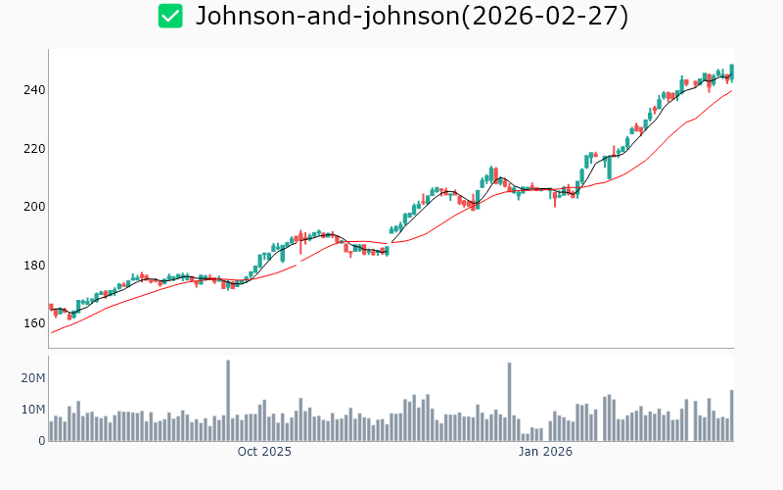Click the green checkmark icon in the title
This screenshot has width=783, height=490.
pyautogui.click(x=170, y=16)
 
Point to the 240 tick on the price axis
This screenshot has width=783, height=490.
pyautogui.click(x=34, y=90)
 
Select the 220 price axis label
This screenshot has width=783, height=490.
pyautogui.click(x=34, y=149)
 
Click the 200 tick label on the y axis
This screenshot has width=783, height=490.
pyautogui.click(x=34, y=207)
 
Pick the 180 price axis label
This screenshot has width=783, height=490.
pyautogui.click(x=34, y=266)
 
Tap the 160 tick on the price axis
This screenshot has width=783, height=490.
pyautogui.click(x=34, y=323)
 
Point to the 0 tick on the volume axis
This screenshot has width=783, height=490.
pyautogui.click(x=41, y=441)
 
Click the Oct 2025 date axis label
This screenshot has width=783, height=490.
pyautogui.click(x=264, y=452)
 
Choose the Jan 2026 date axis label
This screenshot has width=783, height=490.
pyautogui.click(x=545, y=452)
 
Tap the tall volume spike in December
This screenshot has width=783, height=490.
pyautogui.click(x=509, y=402)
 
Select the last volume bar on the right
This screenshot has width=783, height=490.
pyautogui.click(x=731, y=416)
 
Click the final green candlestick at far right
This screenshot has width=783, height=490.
pyautogui.click(x=731, y=72)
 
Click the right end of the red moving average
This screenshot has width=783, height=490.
pyautogui.click(x=731, y=91)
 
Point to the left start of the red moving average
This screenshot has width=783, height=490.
pyautogui.click(x=52, y=332)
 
